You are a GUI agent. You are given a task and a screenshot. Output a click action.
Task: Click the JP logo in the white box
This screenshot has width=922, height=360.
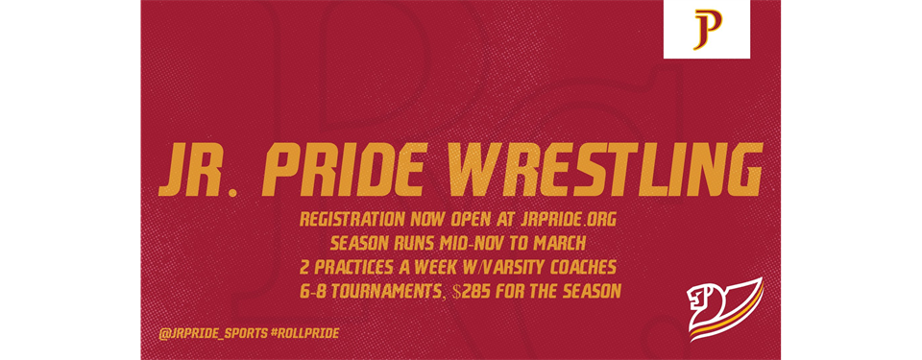click(x=706, y=30)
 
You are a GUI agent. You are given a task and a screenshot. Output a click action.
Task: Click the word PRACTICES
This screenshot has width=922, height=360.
click(x=368, y=262)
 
